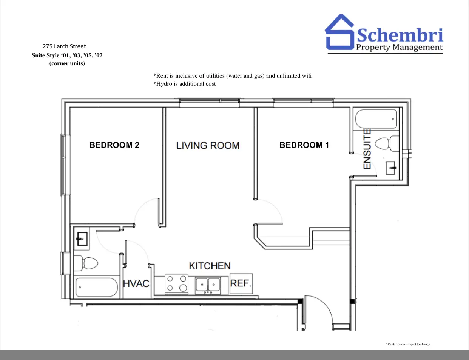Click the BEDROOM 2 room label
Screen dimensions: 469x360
click(x=114, y=145)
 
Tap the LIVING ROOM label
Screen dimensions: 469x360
click(x=208, y=145)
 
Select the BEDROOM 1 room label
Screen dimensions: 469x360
click(x=304, y=145)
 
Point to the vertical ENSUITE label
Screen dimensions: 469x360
click(x=367, y=149)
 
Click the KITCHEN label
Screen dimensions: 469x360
click(x=210, y=266)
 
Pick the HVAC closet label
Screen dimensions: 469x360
click(x=136, y=283)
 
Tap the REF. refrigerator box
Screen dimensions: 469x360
click(x=241, y=283)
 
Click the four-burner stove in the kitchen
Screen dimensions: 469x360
click(x=177, y=284)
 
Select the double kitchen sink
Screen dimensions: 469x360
click(x=208, y=285)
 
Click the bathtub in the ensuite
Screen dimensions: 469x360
click(x=376, y=119)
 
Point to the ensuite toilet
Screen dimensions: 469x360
click(x=387, y=143)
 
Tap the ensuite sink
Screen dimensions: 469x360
click(x=390, y=168)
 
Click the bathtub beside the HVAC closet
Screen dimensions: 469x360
click(x=96, y=287)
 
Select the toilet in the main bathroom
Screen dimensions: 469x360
click(x=86, y=263)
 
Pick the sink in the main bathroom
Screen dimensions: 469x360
click(x=82, y=239)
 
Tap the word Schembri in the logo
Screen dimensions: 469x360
click(x=400, y=35)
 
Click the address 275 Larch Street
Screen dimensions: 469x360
click(x=64, y=46)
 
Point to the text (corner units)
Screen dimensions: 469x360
click(x=67, y=63)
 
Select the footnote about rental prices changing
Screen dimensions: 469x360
click(x=408, y=344)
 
